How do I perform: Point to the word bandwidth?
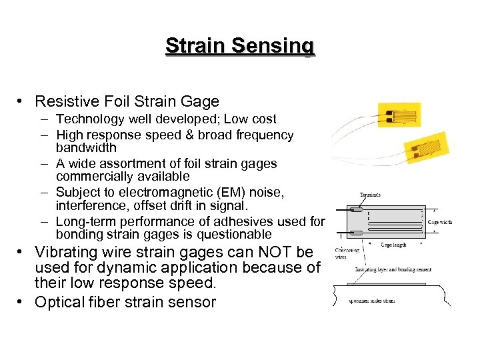(86, 147)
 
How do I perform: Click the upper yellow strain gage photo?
(399, 115)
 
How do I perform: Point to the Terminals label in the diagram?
(369, 195)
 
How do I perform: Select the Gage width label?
(439, 222)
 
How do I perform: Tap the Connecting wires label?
(347, 253)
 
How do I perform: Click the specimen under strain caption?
(373, 301)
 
